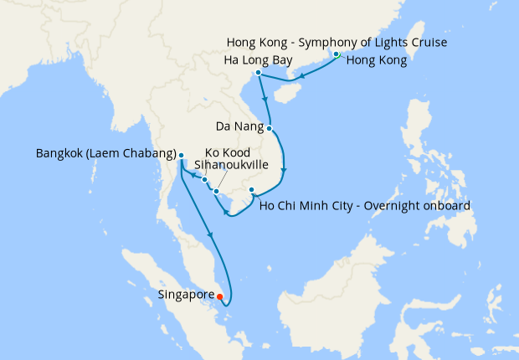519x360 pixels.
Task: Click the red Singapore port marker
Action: (219, 296)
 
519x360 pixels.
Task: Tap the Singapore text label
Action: (185, 295)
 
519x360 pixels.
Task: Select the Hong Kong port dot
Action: (337, 54)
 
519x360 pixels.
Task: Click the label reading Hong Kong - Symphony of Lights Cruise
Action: (337, 42)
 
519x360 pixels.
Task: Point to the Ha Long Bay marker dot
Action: (259, 73)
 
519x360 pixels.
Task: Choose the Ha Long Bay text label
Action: (259, 60)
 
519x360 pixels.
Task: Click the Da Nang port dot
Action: (270, 128)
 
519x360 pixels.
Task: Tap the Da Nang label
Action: (239, 128)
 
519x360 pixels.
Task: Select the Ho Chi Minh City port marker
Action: (252, 191)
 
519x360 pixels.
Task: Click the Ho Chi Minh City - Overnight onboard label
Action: (367, 205)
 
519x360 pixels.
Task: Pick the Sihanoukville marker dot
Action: (216, 192)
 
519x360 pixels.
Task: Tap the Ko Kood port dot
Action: (204, 179)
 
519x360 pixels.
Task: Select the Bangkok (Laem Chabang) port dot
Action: (181, 155)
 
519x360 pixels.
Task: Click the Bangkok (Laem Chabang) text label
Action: (105, 154)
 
